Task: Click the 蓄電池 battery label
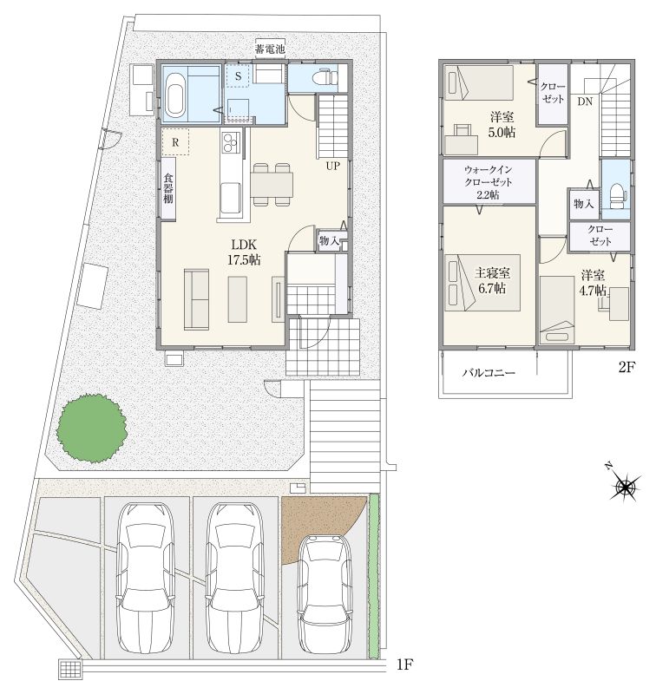coord(270,49)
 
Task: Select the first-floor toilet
coord(322,77)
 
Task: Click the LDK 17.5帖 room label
coord(244,252)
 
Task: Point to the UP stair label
coord(333,166)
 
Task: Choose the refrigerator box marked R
coord(175,142)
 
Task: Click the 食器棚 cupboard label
coord(168,188)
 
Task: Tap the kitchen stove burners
coord(231,142)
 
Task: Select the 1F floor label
coord(405,664)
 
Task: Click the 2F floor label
coord(626,367)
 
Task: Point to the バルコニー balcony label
coord(489,373)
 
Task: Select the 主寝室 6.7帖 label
coord(492,280)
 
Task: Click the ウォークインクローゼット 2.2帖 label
coord(489,182)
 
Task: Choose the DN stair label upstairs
coord(585,101)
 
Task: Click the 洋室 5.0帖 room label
coord(502,125)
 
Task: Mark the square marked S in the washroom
coord(238,76)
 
